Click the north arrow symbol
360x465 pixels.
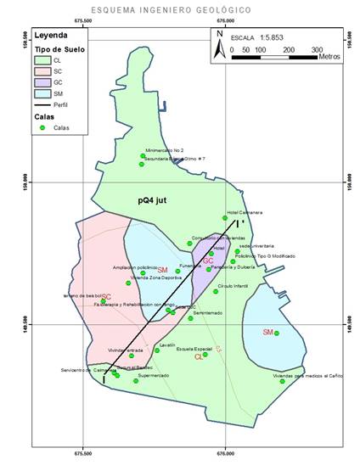coord(220,42)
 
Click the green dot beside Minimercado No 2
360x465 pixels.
coord(143,155)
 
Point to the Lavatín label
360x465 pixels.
coord(167,345)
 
